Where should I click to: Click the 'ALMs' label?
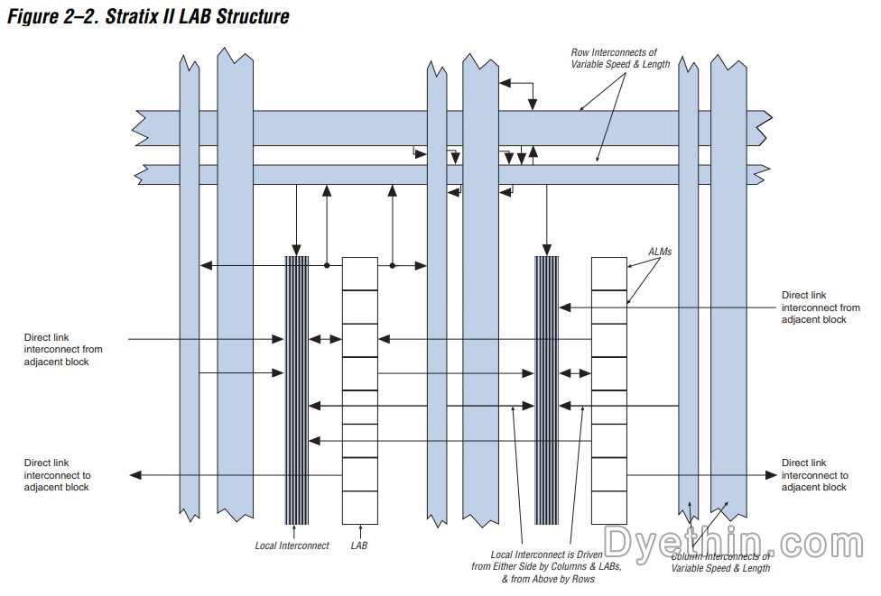click(660, 252)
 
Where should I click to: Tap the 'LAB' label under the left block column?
click(359, 546)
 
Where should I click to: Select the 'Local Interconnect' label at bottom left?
click(292, 546)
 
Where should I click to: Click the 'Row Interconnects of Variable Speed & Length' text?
click(620, 59)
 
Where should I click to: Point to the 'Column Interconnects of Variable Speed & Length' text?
click(720, 563)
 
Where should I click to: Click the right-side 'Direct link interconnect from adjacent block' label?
click(820, 307)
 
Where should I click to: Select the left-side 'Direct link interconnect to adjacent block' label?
click(57, 475)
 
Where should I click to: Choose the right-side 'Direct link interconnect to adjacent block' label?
click(814, 475)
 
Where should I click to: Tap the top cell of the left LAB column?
click(359, 273)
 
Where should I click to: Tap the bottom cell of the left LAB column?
click(359, 507)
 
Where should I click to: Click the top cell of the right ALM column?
click(608, 273)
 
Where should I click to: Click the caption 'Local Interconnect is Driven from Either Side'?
click(532, 566)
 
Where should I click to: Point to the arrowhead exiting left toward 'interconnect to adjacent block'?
click(135, 474)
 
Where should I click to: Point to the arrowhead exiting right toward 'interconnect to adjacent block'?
click(772, 474)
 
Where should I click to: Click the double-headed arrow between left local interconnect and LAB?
click(325, 340)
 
